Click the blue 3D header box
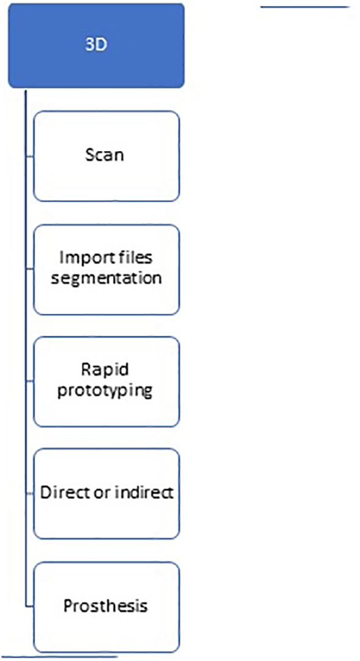click(x=96, y=46)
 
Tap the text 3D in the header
click(x=96, y=44)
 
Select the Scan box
click(x=106, y=156)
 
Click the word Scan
click(x=105, y=155)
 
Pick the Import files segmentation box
click(x=106, y=270)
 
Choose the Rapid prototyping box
click(x=106, y=381)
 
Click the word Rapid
click(x=105, y=370)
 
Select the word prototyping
click(x=105, y=391)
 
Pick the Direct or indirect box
click(x=106, y=493)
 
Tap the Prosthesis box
click(x=106, y=607)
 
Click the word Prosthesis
click(x=105, y=606)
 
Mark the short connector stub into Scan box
click(x=29, y=157)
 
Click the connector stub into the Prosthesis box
click(x=29, y=607)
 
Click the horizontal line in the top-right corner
click(x=305, y=7)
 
